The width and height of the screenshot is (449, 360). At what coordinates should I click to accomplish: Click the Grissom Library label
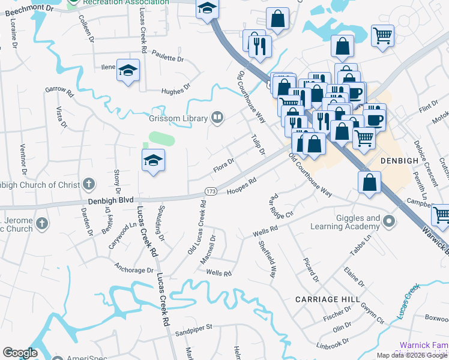click(178, 118)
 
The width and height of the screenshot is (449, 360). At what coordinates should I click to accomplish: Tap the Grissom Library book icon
click(218, 118)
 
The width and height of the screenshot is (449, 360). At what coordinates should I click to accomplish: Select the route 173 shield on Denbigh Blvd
click(210, 191)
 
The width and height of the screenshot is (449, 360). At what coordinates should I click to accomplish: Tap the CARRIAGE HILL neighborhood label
click(328, 299)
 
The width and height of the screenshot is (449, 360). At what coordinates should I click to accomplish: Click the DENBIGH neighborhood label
click(403, 161)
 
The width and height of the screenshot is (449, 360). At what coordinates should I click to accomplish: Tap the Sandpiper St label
click(194, 328)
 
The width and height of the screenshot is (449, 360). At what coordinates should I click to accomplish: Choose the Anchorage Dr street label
click(134, 270)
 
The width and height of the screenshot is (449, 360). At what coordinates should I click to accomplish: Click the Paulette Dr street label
click(167, 58)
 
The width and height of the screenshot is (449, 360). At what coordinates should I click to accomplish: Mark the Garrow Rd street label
click(59, 92)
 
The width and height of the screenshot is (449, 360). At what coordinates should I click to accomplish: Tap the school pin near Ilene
click(128, 71)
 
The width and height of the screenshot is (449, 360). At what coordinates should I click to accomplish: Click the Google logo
click(20, 353)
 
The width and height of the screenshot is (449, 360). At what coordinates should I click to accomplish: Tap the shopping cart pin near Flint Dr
click(382, 35)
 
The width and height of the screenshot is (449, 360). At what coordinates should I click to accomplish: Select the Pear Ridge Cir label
click(280, 206)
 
